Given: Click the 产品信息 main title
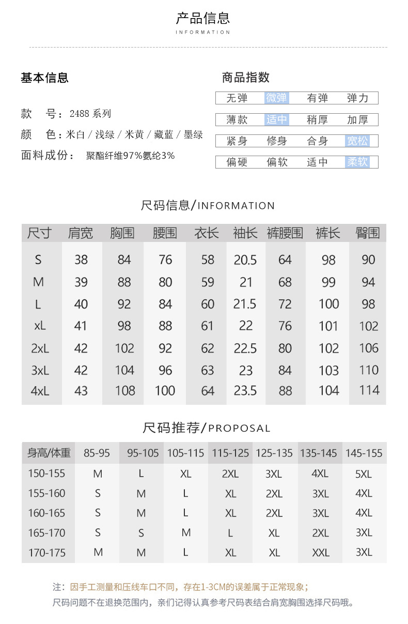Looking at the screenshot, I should pyautogui.click(x=203, y=19).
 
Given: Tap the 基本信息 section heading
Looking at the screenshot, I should pyautogui.click(x=44, y=78).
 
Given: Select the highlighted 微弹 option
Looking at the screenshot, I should pyautogui.click(x=277, y=98).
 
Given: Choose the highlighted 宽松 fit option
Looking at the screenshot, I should pyautogui.click(x=357, y=141).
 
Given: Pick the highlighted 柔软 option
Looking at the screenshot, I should pyautogui.click(x=357, y=162).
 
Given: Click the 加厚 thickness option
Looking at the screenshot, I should pyautogui.click(x=357, y=120).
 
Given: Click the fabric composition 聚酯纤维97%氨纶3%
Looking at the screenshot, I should pyautogui.click(x=130, y=156).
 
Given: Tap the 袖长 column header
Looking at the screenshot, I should pyautogui.click(x=245, y=233).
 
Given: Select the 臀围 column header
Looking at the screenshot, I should pyautogui.click(x=368, y=233).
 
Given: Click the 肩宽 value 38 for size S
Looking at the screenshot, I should pyautogui.click(x=81, y=260).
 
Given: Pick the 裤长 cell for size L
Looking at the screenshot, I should pyautogui.click(x=329, y=304).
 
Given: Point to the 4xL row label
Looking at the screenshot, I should pyautogui.click(x=40, y=391).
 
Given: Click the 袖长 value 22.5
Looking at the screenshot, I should pyautogui.click(x=245, y=348).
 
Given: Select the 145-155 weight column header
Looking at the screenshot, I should pyautogui.click(x=364, y=453).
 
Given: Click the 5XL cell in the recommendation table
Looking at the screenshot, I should pyautogui.click(x=364, y=474).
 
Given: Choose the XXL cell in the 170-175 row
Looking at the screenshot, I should pyautogui.click(x=321, y=553).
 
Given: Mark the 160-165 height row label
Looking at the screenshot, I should pyautogui.click(x=47, y=513).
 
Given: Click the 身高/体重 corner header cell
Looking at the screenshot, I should pyautogui.click(x=49, y=453).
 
